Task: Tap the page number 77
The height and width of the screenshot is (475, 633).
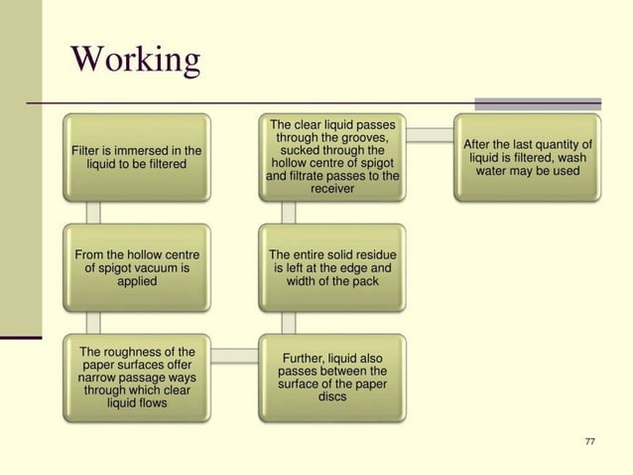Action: (591, 441)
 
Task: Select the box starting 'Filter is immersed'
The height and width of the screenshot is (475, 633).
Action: (137, 157)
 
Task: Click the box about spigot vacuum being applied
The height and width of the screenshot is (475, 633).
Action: (137, 267)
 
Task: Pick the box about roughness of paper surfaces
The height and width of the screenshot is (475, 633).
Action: (137, 378)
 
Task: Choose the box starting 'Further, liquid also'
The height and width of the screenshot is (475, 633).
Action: (332, 378)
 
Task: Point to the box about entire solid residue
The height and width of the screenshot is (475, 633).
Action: (332, 267)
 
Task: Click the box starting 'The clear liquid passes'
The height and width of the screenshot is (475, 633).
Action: (332, 157)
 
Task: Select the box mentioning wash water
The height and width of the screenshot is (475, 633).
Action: (528, 157)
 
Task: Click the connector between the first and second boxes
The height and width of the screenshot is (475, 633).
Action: (93, 213)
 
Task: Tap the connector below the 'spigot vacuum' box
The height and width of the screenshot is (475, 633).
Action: (93, 323)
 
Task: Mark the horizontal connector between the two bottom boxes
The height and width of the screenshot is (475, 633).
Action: (234, 354)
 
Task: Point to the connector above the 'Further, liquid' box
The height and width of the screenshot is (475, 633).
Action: (289, 323)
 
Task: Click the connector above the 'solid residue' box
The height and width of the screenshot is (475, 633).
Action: (289, 213)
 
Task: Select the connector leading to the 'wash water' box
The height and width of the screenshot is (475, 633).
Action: (430, 134)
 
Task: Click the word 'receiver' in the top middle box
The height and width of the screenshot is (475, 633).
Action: (332, 189)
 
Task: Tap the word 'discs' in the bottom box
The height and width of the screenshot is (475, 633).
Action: (332, 397)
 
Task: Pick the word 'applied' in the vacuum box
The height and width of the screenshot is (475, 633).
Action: (137, 281)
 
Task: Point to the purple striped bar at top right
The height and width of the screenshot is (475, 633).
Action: (538, 103)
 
